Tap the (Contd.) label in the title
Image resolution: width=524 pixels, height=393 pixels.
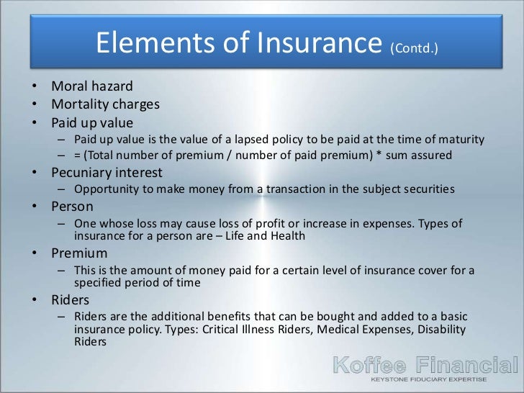click(x=413, y=50)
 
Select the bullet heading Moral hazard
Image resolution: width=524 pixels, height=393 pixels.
click(x=92, y=87)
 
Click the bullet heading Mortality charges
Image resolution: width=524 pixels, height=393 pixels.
click(x=105, y=104)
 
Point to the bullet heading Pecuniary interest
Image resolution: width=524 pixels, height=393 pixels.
click(x=107, y=173)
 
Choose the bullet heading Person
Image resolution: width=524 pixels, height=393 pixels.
click(x=72, y=207)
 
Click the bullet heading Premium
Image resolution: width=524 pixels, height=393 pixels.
click(x=79, y=253)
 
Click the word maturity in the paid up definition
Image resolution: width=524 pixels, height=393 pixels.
click(x=461, y=139)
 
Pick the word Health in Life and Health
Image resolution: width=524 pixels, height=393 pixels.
click(x=289, y=235)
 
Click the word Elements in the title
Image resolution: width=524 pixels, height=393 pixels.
click(x=151, y=44)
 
